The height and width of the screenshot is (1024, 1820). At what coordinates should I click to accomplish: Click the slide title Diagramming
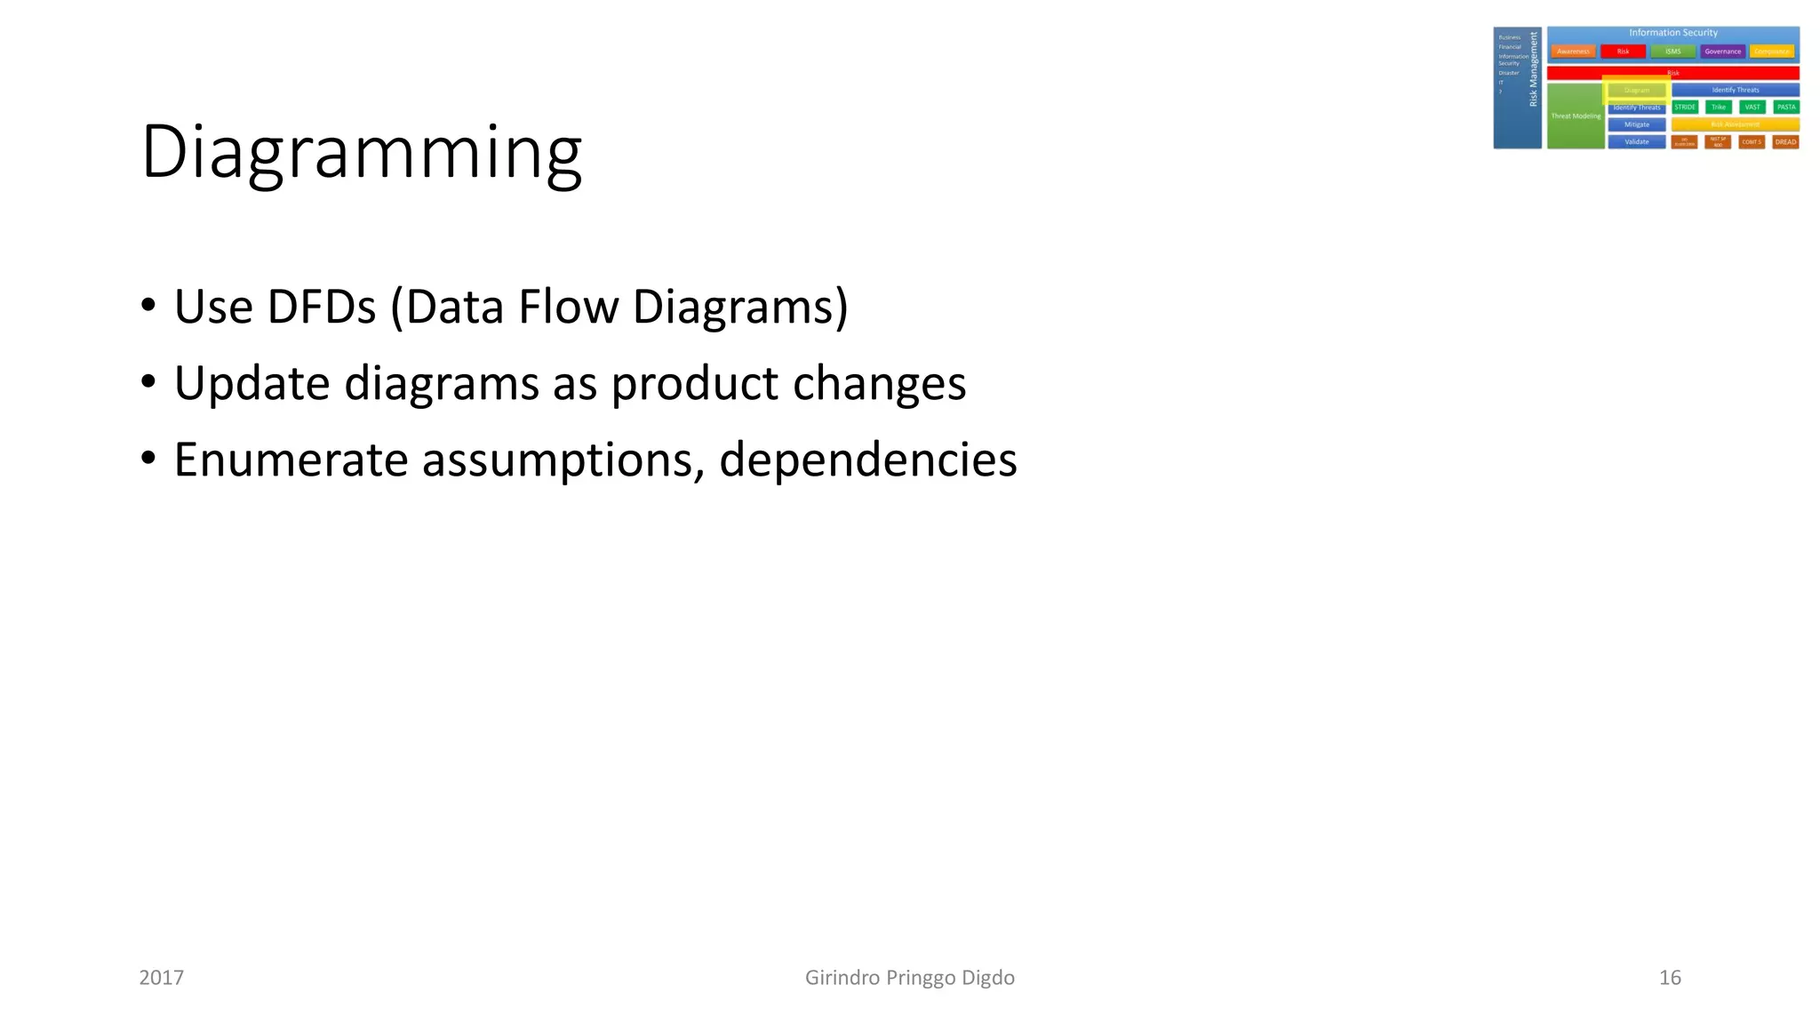[361, 153]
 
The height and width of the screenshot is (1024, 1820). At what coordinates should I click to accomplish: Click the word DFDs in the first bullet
[320, 308]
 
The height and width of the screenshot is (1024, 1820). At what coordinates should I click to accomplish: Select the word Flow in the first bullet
[568, 308]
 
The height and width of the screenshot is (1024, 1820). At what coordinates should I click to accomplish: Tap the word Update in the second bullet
[251, 384]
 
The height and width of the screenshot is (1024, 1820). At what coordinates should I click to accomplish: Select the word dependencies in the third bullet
[867, 460]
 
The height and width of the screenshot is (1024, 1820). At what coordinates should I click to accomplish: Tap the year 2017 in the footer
[162, 978]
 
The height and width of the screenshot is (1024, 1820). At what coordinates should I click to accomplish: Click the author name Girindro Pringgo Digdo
[909, 978]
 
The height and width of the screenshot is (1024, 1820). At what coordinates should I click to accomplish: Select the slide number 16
[1670, 978]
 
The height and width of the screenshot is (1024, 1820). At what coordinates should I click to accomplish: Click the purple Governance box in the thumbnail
[1722, 52]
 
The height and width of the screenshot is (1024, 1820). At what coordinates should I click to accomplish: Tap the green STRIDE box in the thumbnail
[1684, 107]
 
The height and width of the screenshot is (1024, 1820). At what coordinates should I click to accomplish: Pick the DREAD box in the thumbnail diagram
[1785, 142]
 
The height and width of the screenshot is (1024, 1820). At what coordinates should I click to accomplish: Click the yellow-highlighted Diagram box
[1636, 90]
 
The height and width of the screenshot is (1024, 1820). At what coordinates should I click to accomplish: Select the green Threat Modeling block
[1575, 116]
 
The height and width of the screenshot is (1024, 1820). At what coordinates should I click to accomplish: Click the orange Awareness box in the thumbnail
[1573, 52]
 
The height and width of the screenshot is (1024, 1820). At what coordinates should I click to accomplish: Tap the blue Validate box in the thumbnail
[1636, 142]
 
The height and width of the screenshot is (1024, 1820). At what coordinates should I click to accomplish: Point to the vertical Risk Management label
[1533, 69]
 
